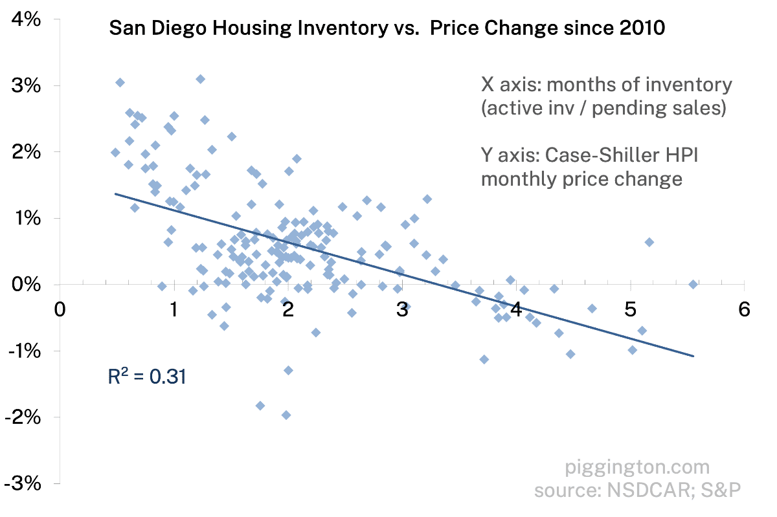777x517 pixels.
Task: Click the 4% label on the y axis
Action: tap(28, 19)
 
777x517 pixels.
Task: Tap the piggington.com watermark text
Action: tap(637, 467)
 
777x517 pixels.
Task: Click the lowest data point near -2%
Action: tap(286, 415)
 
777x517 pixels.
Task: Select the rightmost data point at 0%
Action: tap(693, 285)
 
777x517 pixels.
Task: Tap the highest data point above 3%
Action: tap(201, 79)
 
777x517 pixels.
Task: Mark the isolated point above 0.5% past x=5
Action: tap(649, 242)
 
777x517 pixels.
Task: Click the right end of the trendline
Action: tap(693, 355)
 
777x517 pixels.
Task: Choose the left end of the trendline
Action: tap(115, 193)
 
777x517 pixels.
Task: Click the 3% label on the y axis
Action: tap(28, 86)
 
